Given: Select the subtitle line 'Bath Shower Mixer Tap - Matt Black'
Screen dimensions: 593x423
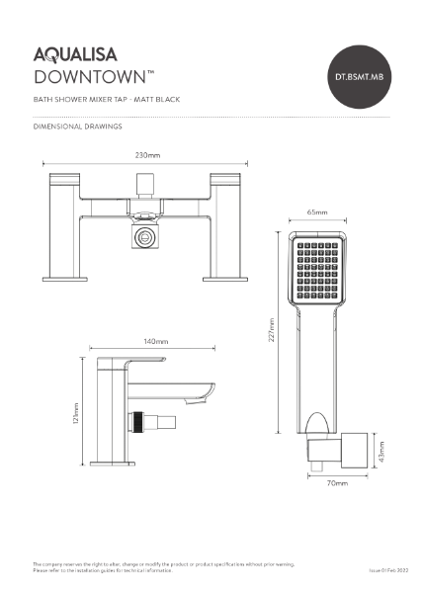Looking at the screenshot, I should pyautogui.click(x=106, y=101).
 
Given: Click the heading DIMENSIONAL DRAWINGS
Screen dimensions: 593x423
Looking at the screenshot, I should pyautogui.click(x=77, y=127).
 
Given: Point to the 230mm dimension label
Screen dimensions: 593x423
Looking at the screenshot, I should pyautogui.click(x=147, y=155).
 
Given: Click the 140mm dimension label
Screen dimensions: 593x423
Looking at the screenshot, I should pyautogui.click(x=155, y=341).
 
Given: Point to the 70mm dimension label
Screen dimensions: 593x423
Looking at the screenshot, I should pyautogui.click(x=337, y=483).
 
